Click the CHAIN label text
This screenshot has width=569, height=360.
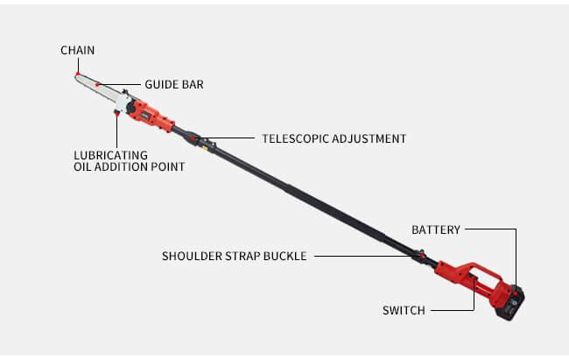[x=77, y=50]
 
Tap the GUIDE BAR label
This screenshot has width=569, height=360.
[x=174, y=84]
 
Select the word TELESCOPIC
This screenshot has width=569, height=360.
[x=295, y=138]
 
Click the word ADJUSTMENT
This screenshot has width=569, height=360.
[x=369, y=138]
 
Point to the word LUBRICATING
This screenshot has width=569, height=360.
[x=110, y=155]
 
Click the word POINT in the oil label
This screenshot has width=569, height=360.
[x=168, y=166]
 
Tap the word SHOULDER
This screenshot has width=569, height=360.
[x=192, y=256]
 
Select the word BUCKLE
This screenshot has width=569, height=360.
[x=284, y=256]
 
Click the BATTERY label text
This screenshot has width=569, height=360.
[x=436, y=229]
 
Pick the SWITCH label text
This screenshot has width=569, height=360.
[x=404, y=310]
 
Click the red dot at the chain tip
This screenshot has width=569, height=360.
[x=78, y=74]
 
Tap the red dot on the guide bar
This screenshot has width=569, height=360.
[x=97, y=85]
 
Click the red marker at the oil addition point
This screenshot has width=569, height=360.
[x=116, y=114]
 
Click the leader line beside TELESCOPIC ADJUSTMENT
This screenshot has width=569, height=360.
[x=225, y=138]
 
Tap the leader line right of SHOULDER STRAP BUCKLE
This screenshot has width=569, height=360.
[x=368, y=256]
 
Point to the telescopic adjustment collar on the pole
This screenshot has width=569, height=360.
[x=193, y=138]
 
